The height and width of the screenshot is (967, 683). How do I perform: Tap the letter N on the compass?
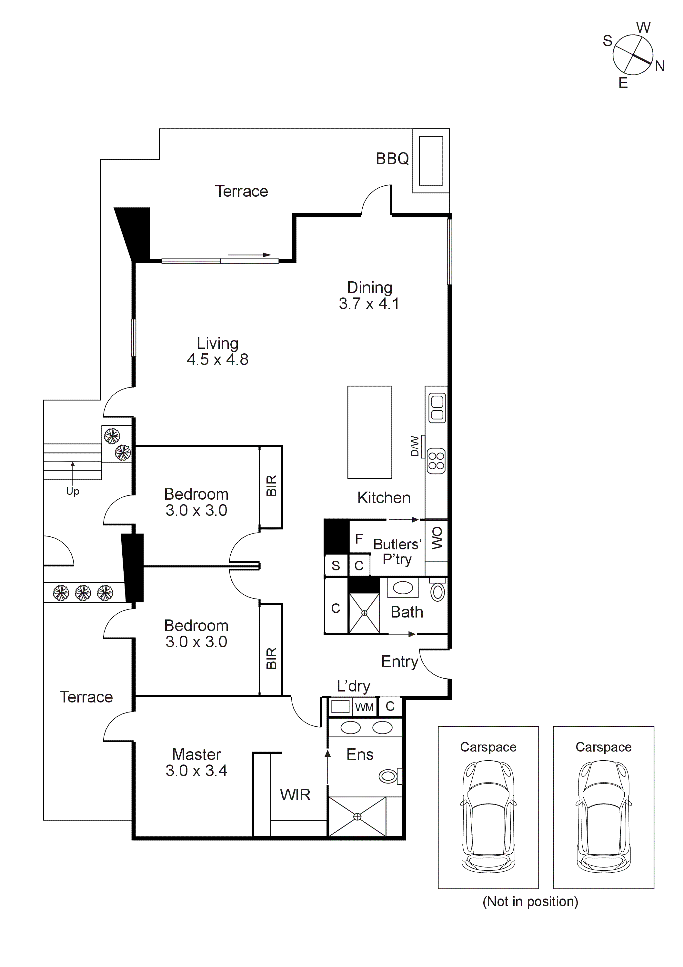[659, 66]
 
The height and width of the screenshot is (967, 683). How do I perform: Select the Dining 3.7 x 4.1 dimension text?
[369, 303]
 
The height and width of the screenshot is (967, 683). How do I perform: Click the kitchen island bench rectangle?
[369, 432]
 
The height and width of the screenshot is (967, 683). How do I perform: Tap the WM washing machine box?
[364, 707]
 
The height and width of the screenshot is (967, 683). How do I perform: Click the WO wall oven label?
[437, 538]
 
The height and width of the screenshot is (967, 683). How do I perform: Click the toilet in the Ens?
[389, 776]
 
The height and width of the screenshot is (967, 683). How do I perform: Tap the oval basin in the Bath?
[403, 587]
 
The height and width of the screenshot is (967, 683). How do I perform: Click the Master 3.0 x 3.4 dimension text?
[196, 770]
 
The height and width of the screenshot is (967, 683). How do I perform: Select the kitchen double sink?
[437, 408]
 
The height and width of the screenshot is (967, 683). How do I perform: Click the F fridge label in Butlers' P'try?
[359, 539]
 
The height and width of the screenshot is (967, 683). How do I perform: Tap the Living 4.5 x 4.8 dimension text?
[217, 359]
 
